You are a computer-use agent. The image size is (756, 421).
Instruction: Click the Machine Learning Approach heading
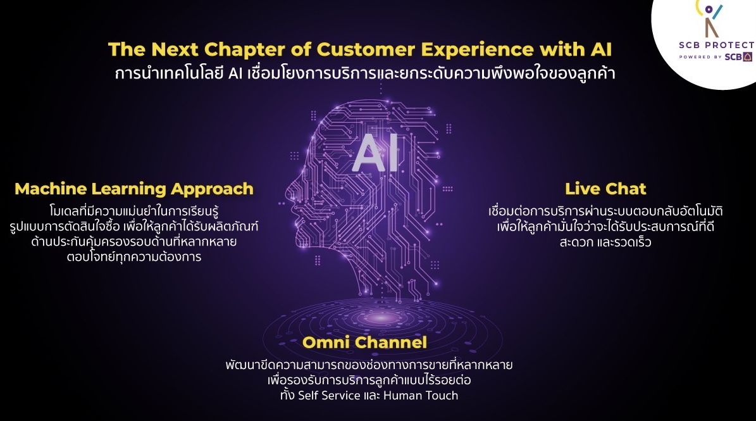tap(134, 189)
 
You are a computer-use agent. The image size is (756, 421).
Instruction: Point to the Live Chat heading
tap(605, 189)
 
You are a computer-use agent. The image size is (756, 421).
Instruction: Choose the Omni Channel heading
tap(364, 342)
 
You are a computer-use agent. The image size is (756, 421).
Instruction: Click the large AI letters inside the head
tap(376, 153)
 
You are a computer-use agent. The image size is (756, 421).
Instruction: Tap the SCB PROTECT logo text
tap(717, 45)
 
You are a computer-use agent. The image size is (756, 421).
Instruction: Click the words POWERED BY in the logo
tap(700, 57)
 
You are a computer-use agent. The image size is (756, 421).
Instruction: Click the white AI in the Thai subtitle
tap(235, 73)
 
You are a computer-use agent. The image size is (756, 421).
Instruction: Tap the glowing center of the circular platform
tap(381, 318)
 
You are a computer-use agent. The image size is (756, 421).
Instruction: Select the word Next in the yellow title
tap(175, 49)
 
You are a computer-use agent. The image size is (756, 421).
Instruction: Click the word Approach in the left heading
tap(212, 189)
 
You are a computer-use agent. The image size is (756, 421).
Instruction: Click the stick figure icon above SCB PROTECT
tap(710, 18)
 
